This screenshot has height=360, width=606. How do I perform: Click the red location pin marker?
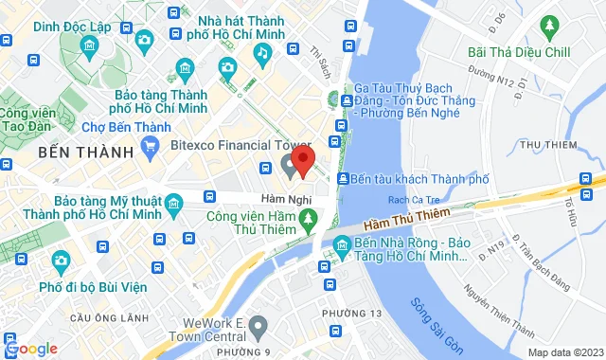302,161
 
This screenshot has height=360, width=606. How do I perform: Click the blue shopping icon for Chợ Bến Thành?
150,145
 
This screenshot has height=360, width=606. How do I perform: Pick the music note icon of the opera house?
259,57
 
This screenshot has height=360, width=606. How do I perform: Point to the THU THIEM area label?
549,144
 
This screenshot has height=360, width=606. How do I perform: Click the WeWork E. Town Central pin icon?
259,327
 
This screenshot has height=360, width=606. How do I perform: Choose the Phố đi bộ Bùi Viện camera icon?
61,259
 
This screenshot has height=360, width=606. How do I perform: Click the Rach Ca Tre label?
409,200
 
